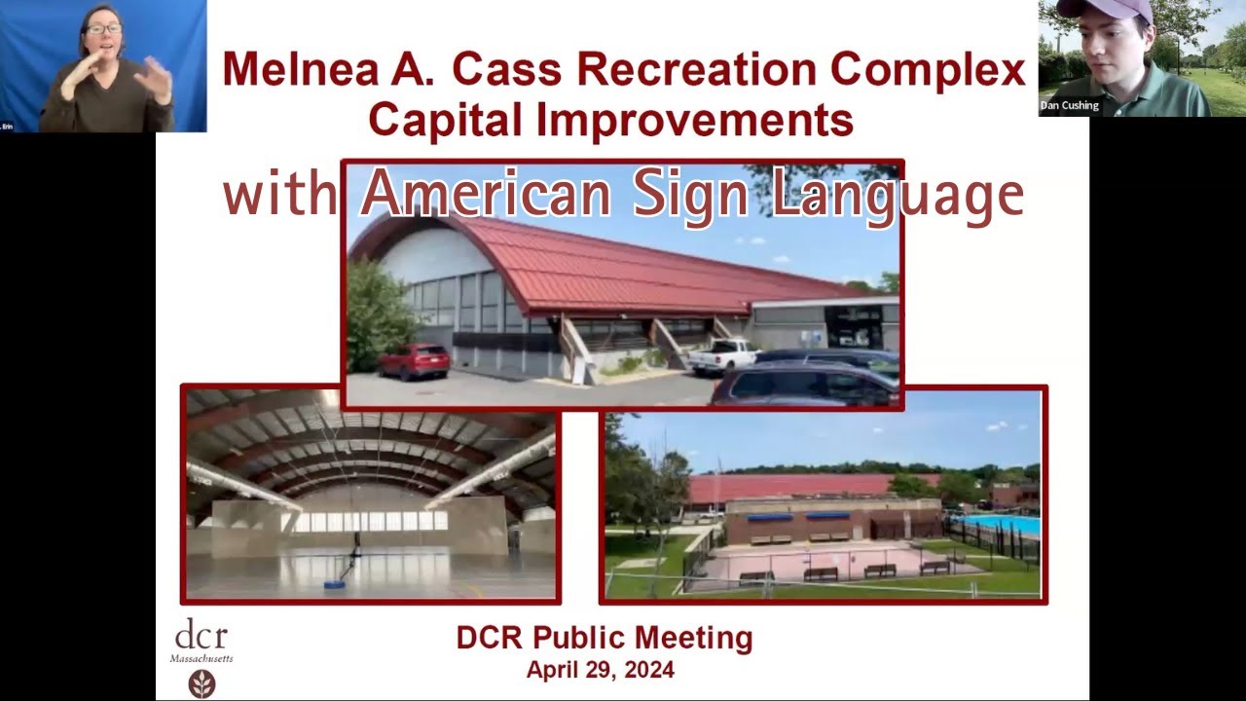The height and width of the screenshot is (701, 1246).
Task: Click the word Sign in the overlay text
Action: click(x=691, y=195)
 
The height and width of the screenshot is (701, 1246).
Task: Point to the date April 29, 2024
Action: click(x=600, y=670)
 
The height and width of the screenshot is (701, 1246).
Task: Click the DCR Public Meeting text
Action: click(x=604, y=639)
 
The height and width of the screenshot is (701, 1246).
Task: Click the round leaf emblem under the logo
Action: click(x=202, y=683)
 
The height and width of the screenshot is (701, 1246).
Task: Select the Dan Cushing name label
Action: click(x=1069, y=105)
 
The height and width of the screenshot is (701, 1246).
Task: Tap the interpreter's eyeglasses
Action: click(x=103, y=29)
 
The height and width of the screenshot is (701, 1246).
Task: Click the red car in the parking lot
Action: click(x=414, y=360)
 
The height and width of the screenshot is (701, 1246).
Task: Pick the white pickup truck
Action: click(x=722, y=355)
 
